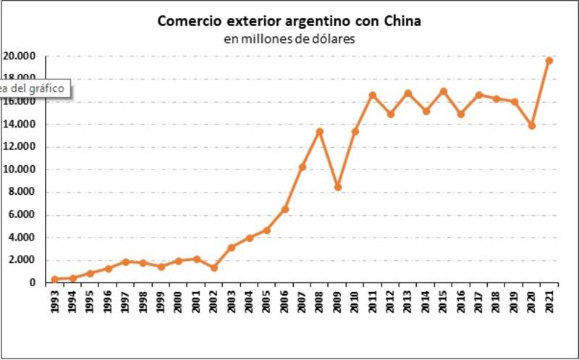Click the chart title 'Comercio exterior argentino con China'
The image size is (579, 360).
(289, 21)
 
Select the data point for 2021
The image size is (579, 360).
(549, 60)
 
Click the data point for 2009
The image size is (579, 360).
(337, 187)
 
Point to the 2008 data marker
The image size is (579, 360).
(319, 131)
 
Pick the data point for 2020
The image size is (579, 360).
(531, 125)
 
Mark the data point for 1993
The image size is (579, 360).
(55, 279)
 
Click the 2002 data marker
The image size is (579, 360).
(214, 267)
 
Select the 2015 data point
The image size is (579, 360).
(443, 91)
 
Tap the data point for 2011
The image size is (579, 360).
(373, 95)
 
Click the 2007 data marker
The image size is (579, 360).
(302, 167)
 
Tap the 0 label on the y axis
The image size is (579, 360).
(33, 283)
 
